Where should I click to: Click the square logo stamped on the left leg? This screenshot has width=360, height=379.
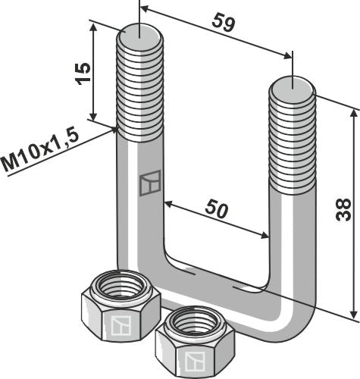tap(150, 184)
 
